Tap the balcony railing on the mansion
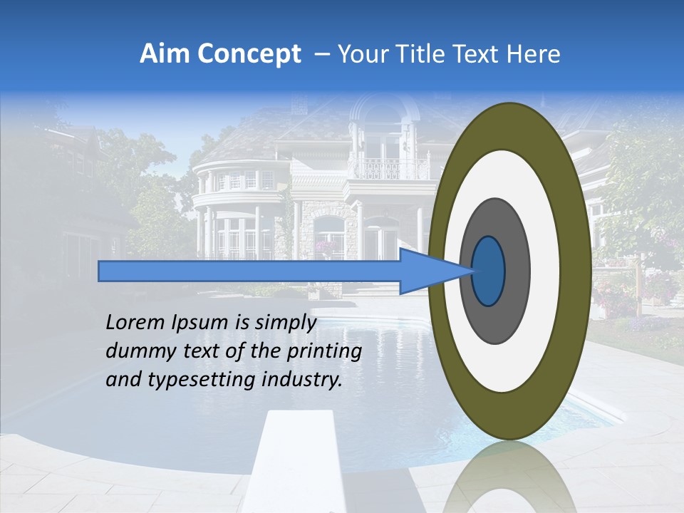(x=388, y=169)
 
